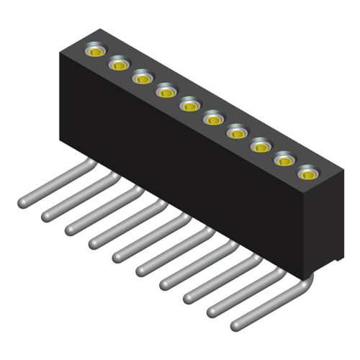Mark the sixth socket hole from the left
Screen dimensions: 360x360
tap(213, 119)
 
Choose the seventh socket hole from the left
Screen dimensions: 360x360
tap(237, 132)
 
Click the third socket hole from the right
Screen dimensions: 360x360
tap(261, 147)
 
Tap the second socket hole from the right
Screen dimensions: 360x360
tap(284, 160)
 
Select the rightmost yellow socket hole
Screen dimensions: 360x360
tap(308, 174)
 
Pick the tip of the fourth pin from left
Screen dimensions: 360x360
tap(94, 242)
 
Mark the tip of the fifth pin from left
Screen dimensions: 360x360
tap(117, 256)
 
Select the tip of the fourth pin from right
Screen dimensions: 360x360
tap(165, 283)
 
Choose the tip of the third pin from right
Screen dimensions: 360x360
tap(189, 296)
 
